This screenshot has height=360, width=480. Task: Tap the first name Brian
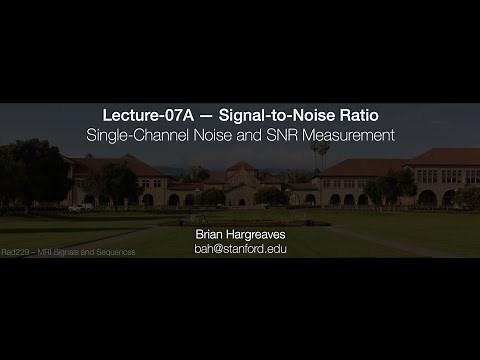pyautogui.click(x=212, y=233)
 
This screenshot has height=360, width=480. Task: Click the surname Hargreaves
pyautogui.click(x=257, y=233)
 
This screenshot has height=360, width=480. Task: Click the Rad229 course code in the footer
pyautogui.click(x=15, y=252)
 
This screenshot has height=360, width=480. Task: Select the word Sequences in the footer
pyautogui.click(x=116, y=252)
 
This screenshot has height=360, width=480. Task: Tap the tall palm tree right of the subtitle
pyautogui.click(x=320, y=160)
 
